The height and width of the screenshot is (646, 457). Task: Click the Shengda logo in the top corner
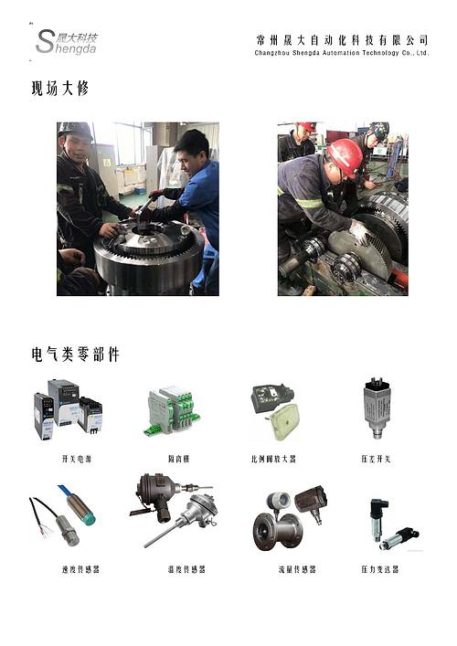pyautogui.click(x=66, y=41)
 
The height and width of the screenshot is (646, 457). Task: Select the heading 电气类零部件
pyautogui.click(x=75, y=354)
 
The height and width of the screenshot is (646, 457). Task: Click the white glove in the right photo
pyautogui.click(x=359, y=232)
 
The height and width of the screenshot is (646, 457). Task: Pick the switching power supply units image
pyautogui.click(x=68, y=408)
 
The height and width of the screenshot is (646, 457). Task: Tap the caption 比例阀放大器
pyautogui.click(x=273, y=459)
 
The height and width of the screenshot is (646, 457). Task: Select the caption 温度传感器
pyautogui.click(x=186, y=569)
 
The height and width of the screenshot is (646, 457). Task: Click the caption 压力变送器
pyautogui.click(x=379, y=569)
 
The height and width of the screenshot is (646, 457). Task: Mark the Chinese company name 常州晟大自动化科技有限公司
pyautogui.click(x=342, y=39)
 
